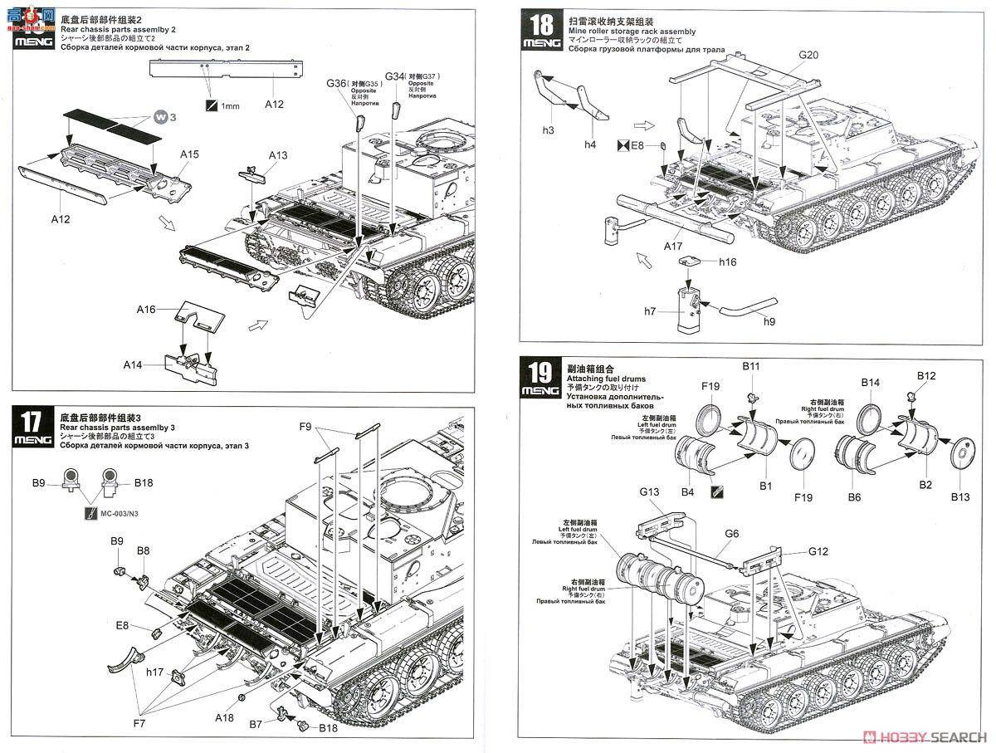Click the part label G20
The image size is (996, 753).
coord(808,55)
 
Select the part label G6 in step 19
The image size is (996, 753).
coord(731,535)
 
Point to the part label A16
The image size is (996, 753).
coord(146,309)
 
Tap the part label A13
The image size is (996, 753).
coord(278,155)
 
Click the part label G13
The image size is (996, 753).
coord(649,492)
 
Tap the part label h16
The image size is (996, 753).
coord(728,262)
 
